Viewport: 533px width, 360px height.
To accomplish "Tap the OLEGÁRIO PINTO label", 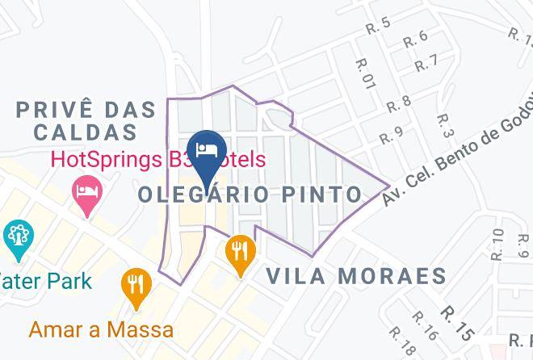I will (250, 194).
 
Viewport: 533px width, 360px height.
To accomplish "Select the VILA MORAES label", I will (356, 276).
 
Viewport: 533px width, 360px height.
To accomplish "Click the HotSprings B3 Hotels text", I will (157, 159).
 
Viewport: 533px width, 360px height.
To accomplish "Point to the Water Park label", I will (46, 282).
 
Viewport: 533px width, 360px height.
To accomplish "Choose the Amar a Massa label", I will (101, 329).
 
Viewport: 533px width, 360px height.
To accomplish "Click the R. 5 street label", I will (378, 27).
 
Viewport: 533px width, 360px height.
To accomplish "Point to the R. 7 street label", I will (426, 62).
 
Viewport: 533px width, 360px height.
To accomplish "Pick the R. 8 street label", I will (399, 103).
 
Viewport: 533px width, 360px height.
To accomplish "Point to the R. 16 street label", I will (425, 325).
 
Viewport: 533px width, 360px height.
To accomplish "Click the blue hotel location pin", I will (207, 150).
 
